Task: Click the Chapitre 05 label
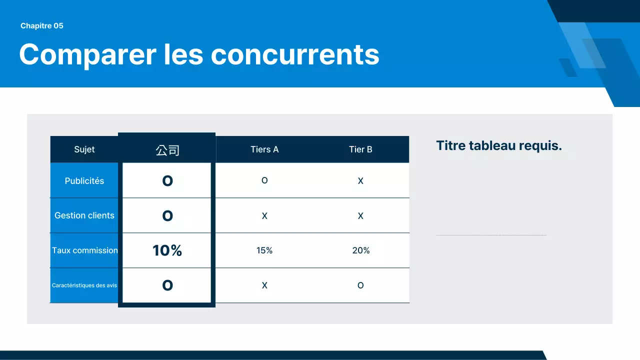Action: [42, 26]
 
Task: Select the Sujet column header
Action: [84, 149]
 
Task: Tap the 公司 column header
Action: [167, 150]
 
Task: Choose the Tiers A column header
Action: [264, 149]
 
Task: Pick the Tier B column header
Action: [360, 149]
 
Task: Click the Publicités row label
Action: [84, 181]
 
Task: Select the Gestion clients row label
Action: [84, 215]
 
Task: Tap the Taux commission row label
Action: [85, 250]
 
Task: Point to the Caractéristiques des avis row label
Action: [84, 285]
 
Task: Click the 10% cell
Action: [167, 250]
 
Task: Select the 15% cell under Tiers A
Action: [264, 250]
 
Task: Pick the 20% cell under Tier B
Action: [360, 250]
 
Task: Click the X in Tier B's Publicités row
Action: [360, 181]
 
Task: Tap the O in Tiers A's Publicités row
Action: [264, 180]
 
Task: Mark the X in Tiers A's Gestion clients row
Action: [264, 216]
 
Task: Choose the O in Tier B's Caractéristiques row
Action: [360, 285]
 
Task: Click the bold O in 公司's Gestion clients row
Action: [167, 215]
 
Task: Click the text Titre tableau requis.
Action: [499, 146]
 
